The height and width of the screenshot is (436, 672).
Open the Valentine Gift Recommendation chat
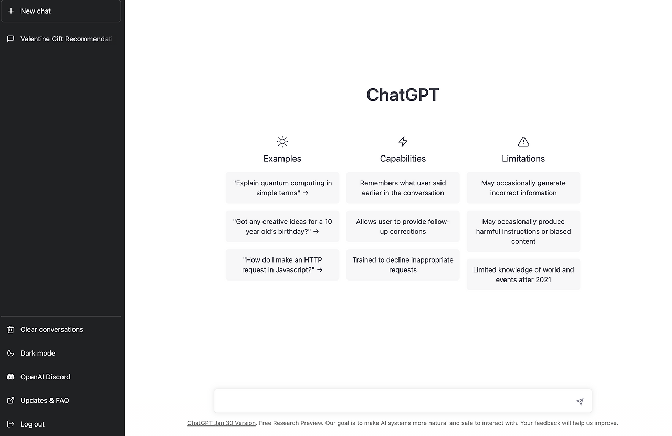(66, 39)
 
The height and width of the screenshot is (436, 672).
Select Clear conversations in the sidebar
(51, 329)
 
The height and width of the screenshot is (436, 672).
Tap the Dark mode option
(38, 353)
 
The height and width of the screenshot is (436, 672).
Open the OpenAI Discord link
(45, 377)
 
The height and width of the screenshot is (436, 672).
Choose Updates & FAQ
(45, 400)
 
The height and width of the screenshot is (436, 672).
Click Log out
(32, 424)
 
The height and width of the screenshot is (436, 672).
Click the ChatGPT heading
(403, 95)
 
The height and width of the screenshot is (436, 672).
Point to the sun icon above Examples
(282, 141)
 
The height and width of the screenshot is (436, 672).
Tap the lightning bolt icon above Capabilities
(403, 141)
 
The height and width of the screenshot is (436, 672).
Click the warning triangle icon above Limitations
(523, 141)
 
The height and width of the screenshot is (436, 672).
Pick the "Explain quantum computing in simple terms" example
(282, 188)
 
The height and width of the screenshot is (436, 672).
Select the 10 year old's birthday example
(282, 226)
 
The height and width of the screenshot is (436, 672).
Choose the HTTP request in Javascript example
(282, 264)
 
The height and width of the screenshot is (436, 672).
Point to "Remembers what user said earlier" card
(403, 188)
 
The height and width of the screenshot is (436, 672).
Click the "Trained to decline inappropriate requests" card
(403, 264)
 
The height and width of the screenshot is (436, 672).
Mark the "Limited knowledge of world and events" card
(523, 274)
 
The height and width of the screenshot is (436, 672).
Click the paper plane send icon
(580, 401)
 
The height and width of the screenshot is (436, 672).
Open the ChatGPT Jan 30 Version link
(222, 423)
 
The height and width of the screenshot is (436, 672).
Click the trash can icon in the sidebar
(10, 329)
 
